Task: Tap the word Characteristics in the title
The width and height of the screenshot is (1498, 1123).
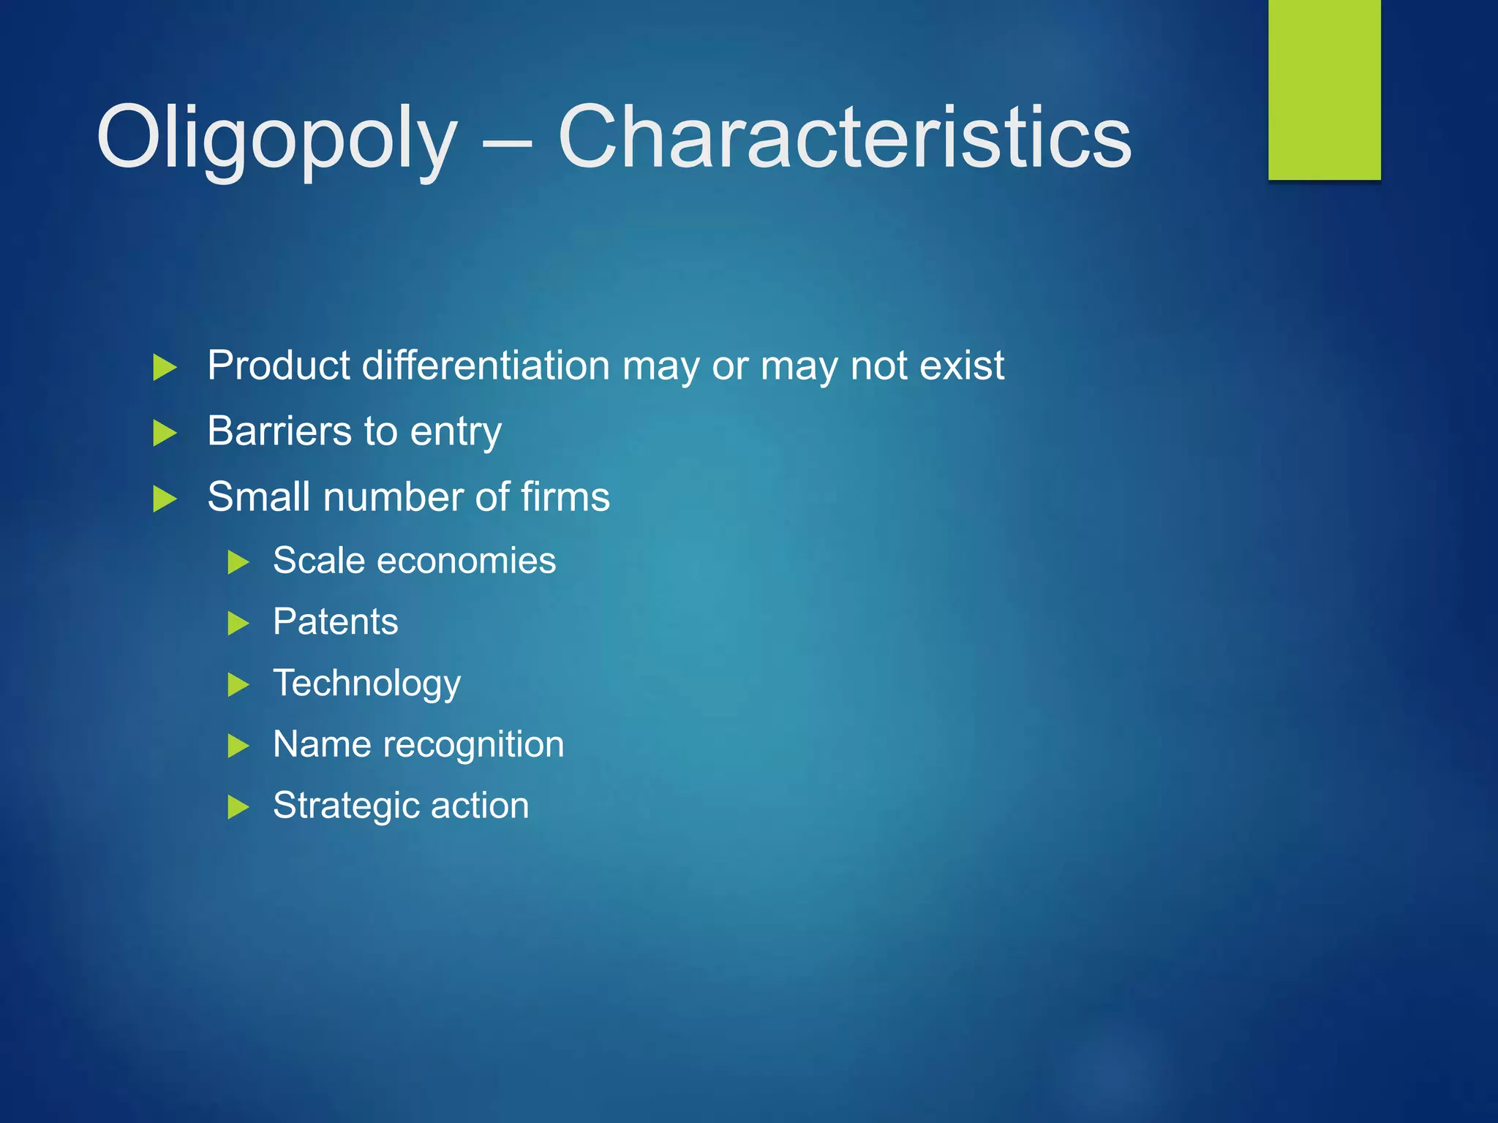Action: coord(844,137)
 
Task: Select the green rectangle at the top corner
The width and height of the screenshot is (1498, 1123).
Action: coord(1324,89)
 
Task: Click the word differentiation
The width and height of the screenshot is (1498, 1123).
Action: coord(486,365)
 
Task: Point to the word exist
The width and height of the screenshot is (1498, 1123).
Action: coord(962,365)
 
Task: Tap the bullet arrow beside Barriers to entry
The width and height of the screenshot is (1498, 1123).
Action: coord(165,433)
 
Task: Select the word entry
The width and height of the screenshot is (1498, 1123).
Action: coord(456,432)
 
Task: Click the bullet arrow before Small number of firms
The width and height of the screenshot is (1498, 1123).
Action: coord(165,499)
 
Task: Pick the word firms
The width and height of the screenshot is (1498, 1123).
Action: coord(565,497)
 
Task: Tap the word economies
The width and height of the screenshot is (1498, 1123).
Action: coord(466,561)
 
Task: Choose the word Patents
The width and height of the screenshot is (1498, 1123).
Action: coord(335,622)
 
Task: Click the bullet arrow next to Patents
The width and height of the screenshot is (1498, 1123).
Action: coord(238,624)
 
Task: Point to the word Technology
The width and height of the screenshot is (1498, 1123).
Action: coord(366,684)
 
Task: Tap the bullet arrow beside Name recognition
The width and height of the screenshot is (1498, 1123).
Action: coord(238,746)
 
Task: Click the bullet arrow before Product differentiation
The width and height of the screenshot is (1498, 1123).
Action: coord(165,367)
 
